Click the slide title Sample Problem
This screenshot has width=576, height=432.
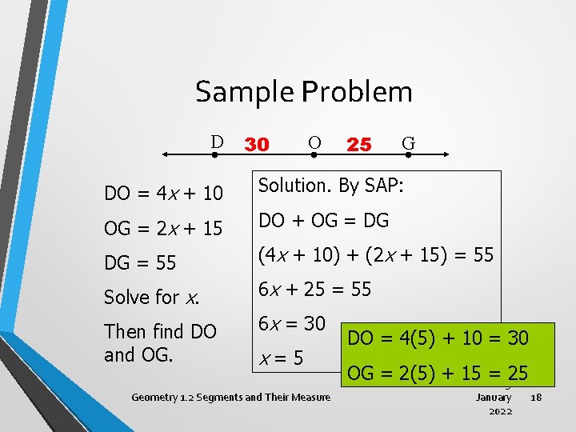pyautogui.click(x=304, y=92)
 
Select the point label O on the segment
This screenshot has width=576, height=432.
pyautogui.click(x=314, y=142)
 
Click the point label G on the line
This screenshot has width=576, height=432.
pyautogui.click(x=408, y=143)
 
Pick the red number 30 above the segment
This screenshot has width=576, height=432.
pyautogui.click(x=256, y=144)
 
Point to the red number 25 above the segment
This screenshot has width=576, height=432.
pyautogui.click(x=359, y=144)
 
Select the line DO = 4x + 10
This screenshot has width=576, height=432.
pyautogui.click(x=164, y=194)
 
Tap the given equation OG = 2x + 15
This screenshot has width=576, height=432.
pyautogui.click(x=164, y=228)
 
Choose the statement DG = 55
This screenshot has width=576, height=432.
pyautogui.click(x=140, y=262)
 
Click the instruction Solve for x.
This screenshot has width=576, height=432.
pyautogui.click(x=151, y=297)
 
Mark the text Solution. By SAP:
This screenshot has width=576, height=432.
pyautogui.click(x=330, y=186)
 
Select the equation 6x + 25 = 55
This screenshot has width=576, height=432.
pyautogui.click(x=314, y=289)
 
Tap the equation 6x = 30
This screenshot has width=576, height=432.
pyautogui.click(x=291, y=323)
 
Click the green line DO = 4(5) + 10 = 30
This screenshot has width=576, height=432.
pyautogui.click(x=438, y=338)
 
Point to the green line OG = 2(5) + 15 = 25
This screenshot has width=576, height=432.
pyautogui.click(x=438, y=372)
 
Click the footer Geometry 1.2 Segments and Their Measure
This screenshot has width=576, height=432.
pyautogui.click(x=230, y=397)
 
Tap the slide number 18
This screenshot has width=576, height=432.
pyautogui.click(x=536, y=397)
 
